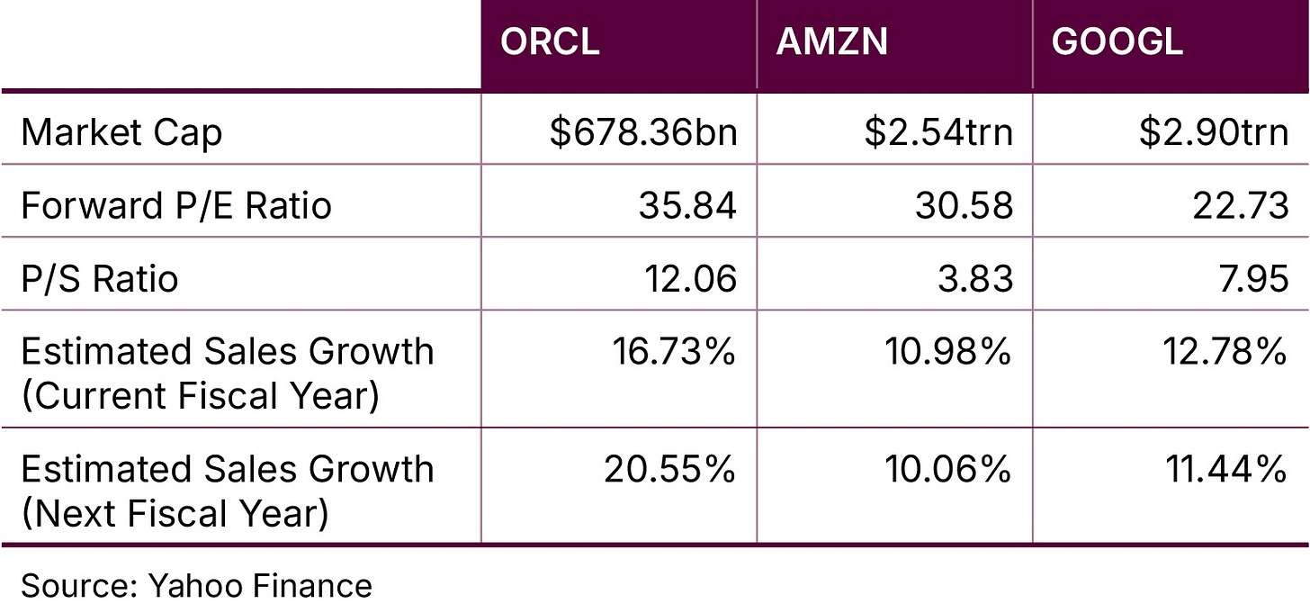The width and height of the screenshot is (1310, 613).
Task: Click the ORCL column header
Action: (x=550, y=43)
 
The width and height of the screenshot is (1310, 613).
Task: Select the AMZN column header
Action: (x=831, y=43)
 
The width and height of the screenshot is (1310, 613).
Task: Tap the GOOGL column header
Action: (x=1117, y=43)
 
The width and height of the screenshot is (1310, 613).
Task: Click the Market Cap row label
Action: (x=121, y=133)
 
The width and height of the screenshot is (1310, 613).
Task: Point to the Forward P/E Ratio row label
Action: (x=176, y=206)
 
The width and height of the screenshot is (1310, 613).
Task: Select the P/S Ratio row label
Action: (x=99, y=279)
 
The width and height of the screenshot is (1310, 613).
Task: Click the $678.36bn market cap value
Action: (x=643, y=133)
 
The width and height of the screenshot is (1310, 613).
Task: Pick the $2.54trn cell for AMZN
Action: (x=938, y=133)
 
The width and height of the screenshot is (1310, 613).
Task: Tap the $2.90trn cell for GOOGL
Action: (x=1214, y=133)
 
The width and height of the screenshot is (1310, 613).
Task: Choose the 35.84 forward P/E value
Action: (x=687, y=206)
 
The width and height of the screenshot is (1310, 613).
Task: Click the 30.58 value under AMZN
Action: (x=964, y=206)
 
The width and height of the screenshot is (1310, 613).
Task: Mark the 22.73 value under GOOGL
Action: (x=1240, y=206)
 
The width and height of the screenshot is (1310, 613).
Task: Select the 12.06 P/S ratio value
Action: (x=689, y=279)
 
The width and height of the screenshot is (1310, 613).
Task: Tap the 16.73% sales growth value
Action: (x=675, y=351)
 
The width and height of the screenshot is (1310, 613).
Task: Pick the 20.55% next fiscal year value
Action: (x=669, y=469)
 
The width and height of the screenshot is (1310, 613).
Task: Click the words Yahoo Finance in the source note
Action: (x=259, y=586)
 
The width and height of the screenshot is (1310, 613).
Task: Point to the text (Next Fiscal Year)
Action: (x=175, y=513)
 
